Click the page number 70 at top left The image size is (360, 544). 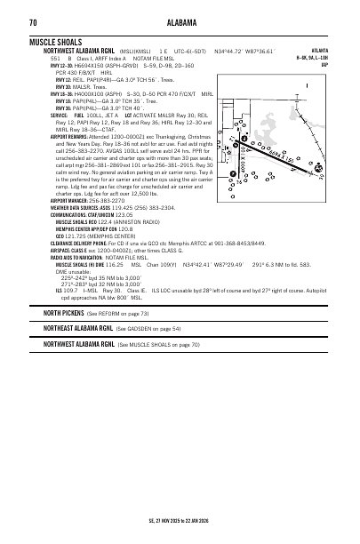point(32,22)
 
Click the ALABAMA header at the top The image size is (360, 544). point(180,22)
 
